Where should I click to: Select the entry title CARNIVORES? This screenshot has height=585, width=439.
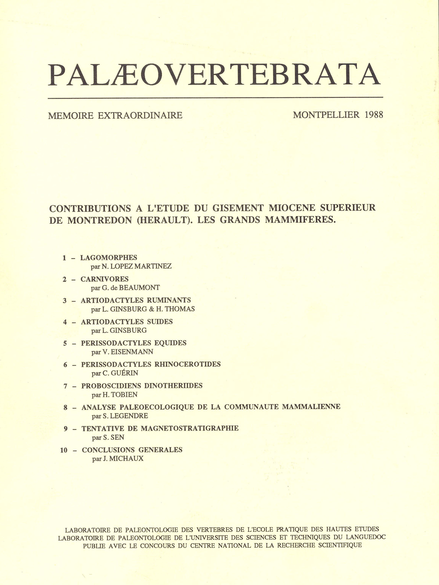[x=104, y=279]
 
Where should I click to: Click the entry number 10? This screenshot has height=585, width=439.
[x=64, y=450]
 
